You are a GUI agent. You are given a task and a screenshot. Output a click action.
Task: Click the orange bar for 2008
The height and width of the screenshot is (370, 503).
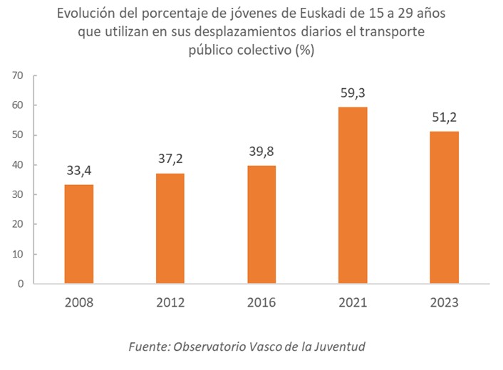(78, 234)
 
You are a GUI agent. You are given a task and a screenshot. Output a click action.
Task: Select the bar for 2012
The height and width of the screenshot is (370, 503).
(170, 228)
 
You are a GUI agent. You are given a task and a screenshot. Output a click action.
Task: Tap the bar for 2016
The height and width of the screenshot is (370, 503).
(261, 225)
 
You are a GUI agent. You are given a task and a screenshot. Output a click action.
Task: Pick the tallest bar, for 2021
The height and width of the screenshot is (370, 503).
(353, 196)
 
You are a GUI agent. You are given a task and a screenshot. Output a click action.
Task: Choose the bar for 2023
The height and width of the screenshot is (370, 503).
(444, 208)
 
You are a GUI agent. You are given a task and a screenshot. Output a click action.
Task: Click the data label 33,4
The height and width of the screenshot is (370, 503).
(78, 171)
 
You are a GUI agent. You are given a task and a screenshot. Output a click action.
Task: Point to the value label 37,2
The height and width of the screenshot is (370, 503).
(170, 159)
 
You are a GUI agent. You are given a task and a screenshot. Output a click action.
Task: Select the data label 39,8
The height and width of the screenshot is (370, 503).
(261, 152)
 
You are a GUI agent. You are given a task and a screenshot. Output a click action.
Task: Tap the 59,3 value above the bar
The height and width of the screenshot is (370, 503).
(353, 93)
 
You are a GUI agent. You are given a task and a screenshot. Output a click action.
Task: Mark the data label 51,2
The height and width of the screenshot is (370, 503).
(444, 117)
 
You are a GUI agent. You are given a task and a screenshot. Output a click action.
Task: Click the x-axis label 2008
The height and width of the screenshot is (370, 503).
(78, 302)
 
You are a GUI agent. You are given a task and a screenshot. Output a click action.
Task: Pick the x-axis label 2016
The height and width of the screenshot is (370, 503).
(261, 302)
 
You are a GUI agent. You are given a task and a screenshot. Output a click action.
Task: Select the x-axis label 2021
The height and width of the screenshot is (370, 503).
(353, 302)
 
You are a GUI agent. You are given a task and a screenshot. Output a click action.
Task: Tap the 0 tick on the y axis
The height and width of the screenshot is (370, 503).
(21, 284)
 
